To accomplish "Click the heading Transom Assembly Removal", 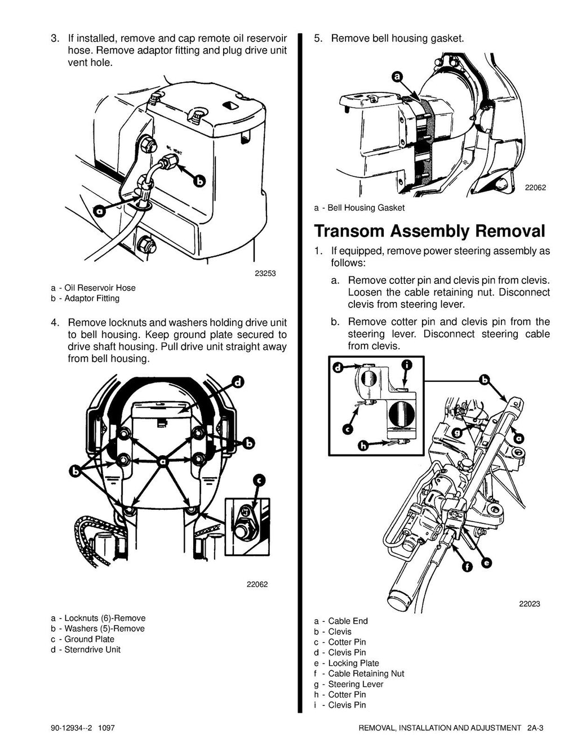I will tap(429, 231).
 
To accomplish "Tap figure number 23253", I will tap(265, 274).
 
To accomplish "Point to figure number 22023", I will tap(529, 604).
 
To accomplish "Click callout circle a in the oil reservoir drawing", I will tap(100, 211).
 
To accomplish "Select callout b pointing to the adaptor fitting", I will tap(199, 181).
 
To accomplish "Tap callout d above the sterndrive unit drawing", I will tap(238, 383).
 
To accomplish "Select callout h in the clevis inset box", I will tap(364, 445).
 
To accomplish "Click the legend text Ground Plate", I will tap(89, 639).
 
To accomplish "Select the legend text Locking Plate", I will tap(353, 663).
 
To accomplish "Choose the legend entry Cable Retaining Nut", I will tap(366, 673).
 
